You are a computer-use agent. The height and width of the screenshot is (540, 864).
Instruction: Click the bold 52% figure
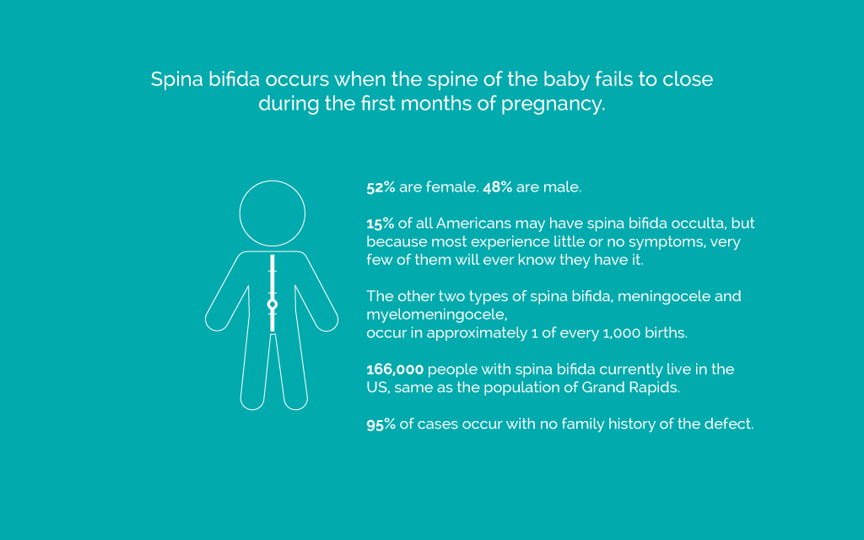pyautogui.click(x=381, y=187)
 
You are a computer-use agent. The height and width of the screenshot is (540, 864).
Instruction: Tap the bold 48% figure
pyautogui.click(x=498, y=187)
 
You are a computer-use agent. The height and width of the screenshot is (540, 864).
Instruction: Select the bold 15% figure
pyautogui.click(x=381, y=224)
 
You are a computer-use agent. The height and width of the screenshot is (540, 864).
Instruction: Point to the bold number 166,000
pyautogui.click(x=395, y=370)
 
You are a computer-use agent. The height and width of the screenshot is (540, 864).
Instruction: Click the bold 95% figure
pyautogui.click(x=381, y=424)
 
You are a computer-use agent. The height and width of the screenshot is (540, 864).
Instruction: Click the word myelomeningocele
pyautogui.click(x=437, y=316)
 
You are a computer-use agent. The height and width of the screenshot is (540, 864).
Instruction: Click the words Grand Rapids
pyautogui.click(x=630, y=388)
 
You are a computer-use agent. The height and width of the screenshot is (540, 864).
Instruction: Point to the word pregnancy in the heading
pyautogui.click(x=553, y=105)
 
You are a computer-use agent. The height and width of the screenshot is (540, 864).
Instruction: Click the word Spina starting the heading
pyautogui.click(x=177, y=80)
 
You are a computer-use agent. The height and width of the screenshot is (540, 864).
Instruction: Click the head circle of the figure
pyautogui.click(x=273, y=181)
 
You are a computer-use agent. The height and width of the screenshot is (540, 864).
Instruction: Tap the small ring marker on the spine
pyautogui.click(x=273, y=304)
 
